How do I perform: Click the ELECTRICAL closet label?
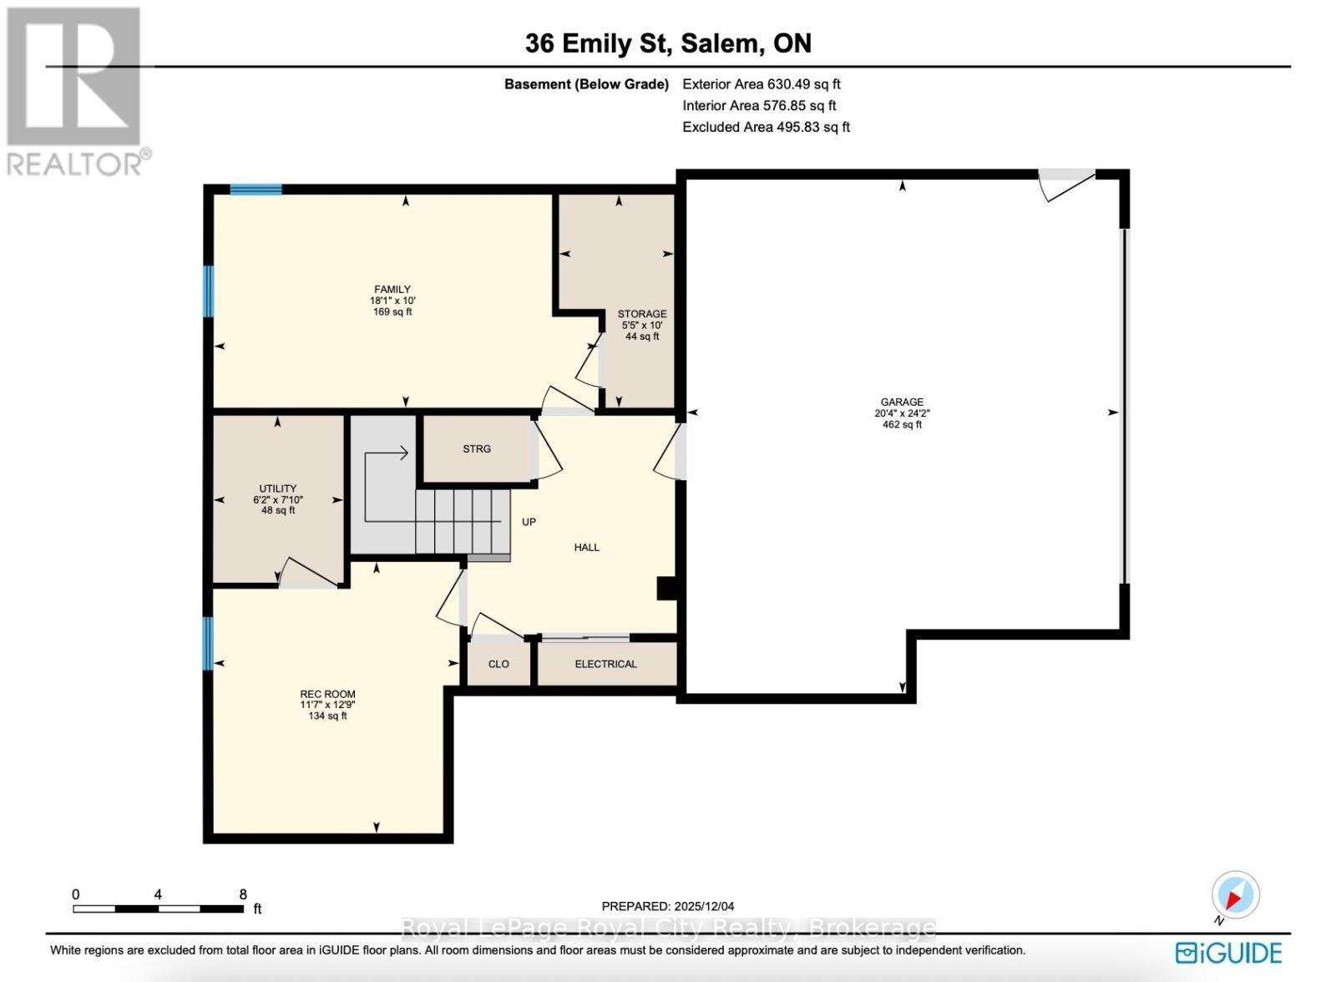605,664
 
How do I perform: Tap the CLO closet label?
498,664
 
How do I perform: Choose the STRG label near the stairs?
477,448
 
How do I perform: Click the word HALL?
586,547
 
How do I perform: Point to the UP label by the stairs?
529,522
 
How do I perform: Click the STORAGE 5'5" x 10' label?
641,325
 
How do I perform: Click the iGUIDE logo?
1227,953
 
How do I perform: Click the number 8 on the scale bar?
243,894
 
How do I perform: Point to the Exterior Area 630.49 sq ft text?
761,84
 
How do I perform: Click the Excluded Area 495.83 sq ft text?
766,127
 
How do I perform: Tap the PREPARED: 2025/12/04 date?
668,906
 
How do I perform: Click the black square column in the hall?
666,589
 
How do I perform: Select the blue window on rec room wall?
208,643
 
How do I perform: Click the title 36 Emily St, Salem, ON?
668,43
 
